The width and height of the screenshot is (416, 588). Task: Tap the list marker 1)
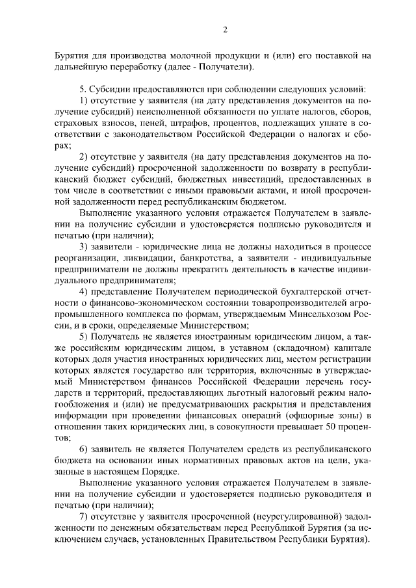pos(84,101)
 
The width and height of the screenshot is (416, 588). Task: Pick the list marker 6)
pos(84,448)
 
